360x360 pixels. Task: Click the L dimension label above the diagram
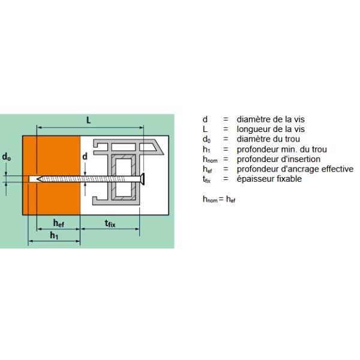[88, 120]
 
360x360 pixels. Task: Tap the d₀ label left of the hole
[7, 157]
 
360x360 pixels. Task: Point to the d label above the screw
[85, 157]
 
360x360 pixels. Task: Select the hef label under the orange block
[59, 223]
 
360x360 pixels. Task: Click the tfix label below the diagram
[110, 223]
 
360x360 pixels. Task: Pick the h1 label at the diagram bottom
[54, 235]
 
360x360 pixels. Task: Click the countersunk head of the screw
[143, 179]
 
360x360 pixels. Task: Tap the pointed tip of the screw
[37, 179]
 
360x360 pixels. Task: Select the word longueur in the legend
[254, 130]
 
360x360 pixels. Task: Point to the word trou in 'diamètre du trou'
[292, 139]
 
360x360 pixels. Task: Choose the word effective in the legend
[337, 169]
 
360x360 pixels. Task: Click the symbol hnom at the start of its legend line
[210, 160]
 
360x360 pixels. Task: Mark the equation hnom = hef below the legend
[219, 199]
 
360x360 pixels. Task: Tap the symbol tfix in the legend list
[206, 179]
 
